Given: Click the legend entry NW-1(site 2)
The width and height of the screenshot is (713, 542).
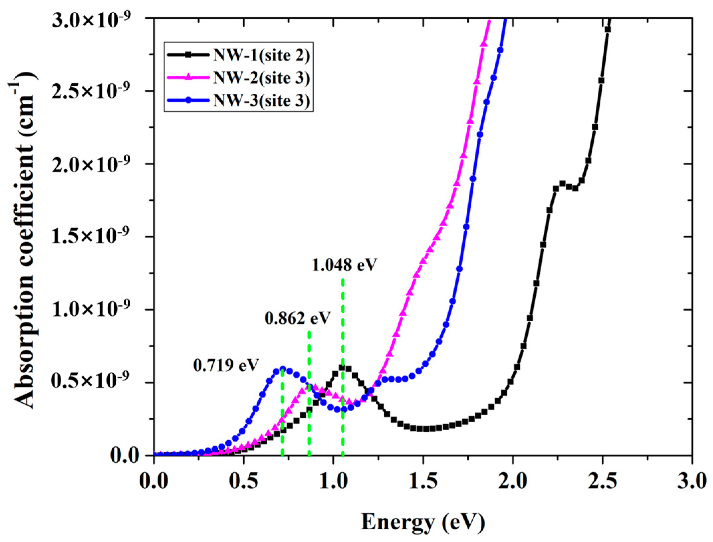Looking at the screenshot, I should pos(261,56).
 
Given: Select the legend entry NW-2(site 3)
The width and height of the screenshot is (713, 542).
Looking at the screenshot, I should pos(261,78).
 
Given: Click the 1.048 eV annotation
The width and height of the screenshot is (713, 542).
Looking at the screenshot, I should pos(345,265).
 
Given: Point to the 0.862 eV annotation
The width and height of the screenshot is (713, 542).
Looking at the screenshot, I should pos(297,318).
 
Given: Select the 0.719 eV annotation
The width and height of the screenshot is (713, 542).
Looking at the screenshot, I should pos(226,366).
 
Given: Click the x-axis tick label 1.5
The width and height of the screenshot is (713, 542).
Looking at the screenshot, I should pos(423,482).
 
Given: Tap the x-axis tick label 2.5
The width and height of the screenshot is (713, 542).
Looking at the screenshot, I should pos(602,482).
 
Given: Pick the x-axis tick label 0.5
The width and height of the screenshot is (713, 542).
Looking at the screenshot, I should pos(243,482).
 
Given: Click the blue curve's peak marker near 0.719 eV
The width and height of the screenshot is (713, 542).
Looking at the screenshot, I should pos(283,369).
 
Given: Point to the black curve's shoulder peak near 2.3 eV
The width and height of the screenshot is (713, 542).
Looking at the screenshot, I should pos(562,183).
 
